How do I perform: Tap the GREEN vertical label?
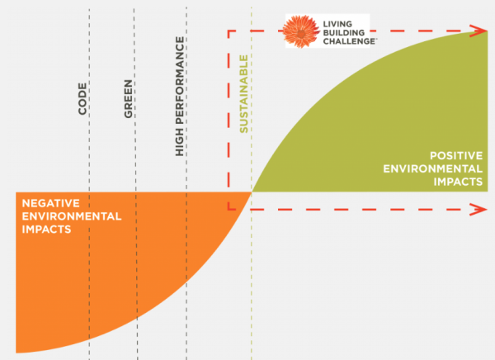[129, 97]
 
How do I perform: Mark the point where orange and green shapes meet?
[252, 192]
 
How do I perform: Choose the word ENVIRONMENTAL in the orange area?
[72, 216]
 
